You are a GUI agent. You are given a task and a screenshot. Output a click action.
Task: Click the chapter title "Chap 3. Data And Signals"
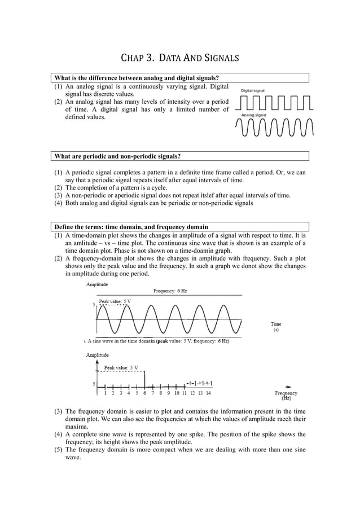(180, 58)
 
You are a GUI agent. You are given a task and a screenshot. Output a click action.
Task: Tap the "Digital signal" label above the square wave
(253, 90)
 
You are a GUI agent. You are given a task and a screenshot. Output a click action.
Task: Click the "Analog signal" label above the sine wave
(253, 115)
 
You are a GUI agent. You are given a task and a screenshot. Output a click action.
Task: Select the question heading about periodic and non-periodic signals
(117, 156)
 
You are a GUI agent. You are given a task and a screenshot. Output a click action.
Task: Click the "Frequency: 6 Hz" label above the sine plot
(170, 291)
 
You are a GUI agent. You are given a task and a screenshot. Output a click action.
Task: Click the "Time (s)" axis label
(276, 327)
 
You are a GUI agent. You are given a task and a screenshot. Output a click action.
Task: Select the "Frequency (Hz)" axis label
(286, 396)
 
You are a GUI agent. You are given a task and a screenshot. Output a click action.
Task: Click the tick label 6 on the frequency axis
(145, 393)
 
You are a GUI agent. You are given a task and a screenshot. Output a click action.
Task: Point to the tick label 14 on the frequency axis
(208, 393)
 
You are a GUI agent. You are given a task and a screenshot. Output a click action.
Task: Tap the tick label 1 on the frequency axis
(105, 393)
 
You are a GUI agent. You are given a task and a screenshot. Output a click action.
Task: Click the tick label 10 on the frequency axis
(177, 393)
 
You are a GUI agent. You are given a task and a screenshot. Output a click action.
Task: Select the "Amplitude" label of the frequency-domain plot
(97, 355)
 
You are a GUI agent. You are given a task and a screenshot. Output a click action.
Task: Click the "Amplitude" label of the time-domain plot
(97, 284)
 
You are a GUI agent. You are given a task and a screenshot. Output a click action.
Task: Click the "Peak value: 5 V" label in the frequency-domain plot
(121, 367)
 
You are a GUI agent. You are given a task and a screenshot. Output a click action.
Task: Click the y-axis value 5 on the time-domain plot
(94, 305)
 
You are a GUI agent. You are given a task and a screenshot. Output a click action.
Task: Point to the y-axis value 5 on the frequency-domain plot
(94, 384)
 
